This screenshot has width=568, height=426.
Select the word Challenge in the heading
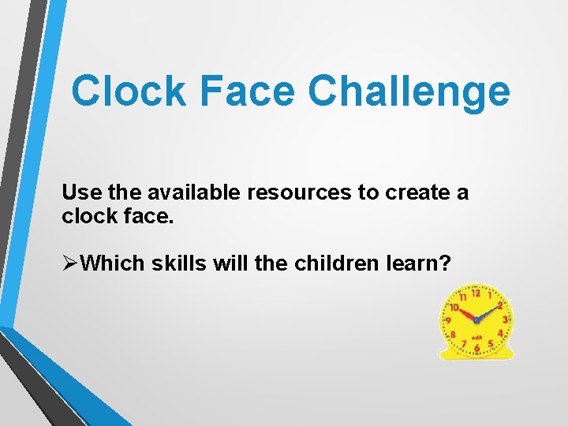click(409, 92)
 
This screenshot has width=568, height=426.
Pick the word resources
click(301, 193)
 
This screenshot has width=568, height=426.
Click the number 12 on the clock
click(475, 293)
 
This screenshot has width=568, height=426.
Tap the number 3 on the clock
click(504, 319)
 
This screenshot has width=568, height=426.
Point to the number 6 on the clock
click(476, 348)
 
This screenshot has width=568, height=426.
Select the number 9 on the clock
click(448, 321)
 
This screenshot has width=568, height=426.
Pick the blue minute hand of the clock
click(489, 314)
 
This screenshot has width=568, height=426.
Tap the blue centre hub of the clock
click(476, 321)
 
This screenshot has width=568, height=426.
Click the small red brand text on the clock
click(476, 337)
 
